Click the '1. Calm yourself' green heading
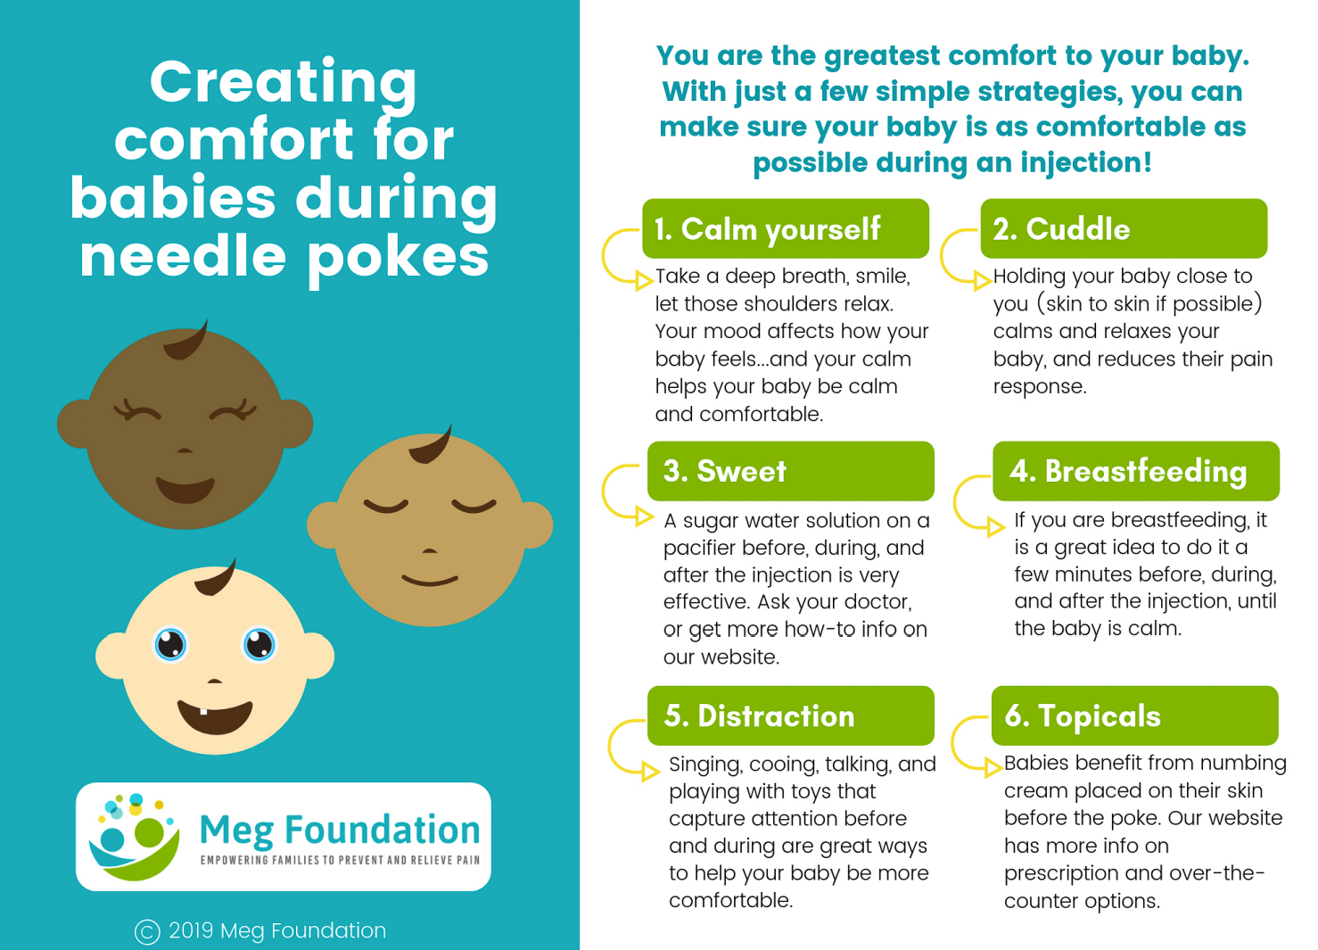point(786,228)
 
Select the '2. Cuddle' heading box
point(1124,228)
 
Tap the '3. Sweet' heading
point(791,471)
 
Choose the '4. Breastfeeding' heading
point(1136,471)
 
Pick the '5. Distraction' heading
point(791,715)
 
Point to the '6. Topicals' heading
point(1135,715)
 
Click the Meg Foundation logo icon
point(134,837)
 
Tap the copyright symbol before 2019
point(147,932)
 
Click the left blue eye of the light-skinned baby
point(170,644)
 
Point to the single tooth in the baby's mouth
point(203,711)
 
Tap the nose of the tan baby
point(430,551)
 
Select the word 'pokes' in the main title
point(399,259)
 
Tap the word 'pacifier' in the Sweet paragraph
point(700,548)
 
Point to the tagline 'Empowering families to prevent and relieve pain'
point(340,860)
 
